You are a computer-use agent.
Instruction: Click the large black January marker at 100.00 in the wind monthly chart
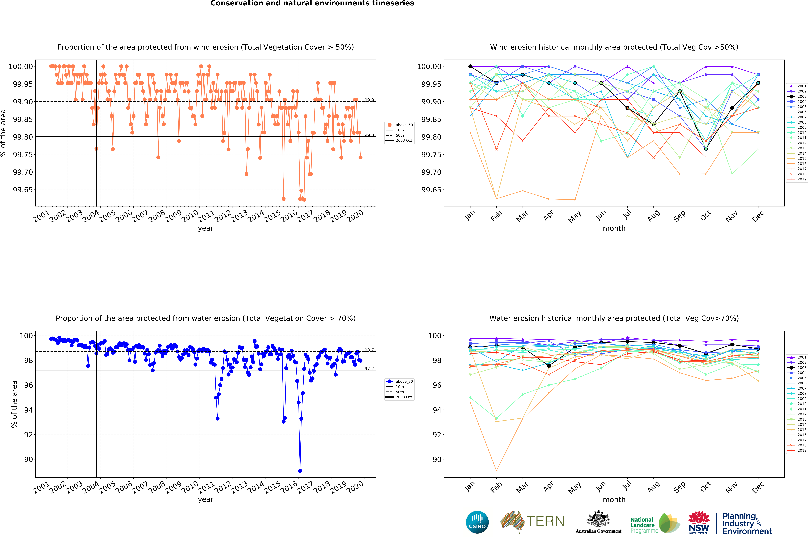tap(470, 66)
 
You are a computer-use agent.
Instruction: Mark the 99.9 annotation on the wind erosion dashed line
tap(369, 100)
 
